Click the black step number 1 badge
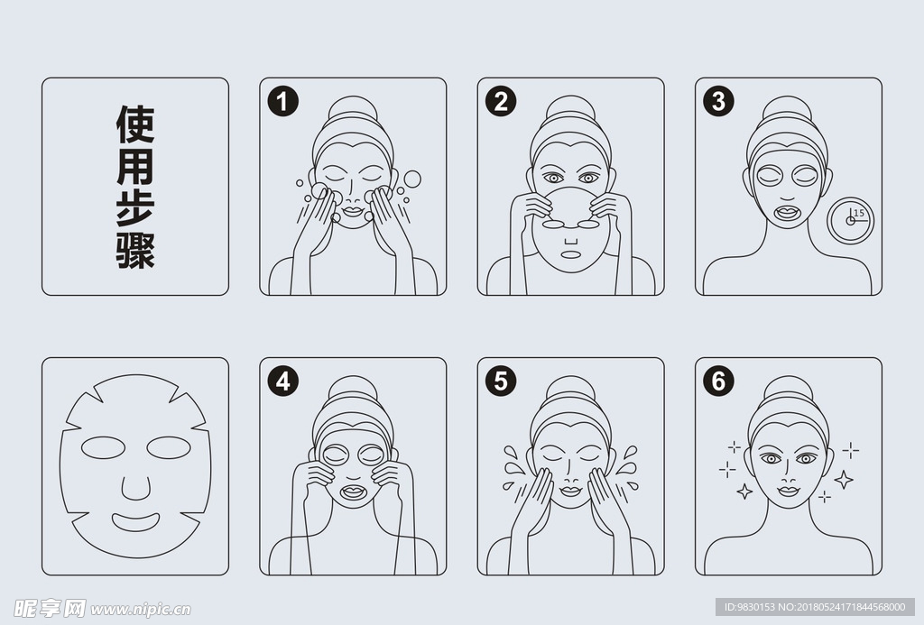[x=282, y=101]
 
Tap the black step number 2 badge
[x=501, y=101]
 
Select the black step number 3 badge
[x=719, y=101]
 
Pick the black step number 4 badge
[x=282, y=381]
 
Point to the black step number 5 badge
[x=501, y=381]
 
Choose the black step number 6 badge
[x=719, y=381]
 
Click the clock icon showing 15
[x=850, y=220]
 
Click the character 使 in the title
[x=135, y=124]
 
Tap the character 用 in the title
[x=135, y=167]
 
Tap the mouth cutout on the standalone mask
[x=136, y=522]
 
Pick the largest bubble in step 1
[x=412, y=179]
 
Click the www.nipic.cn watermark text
[x=140, y=610]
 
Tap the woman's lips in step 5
[x=570, y=491]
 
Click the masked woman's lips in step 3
[x=787, y=212]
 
